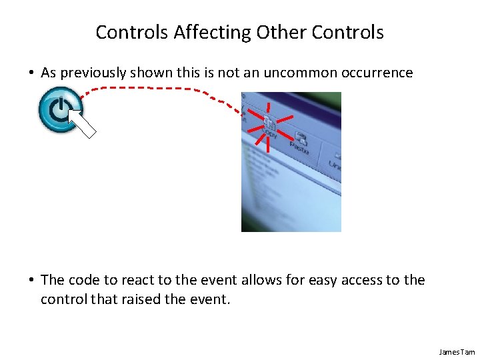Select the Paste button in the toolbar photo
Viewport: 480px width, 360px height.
(x=300, y=144)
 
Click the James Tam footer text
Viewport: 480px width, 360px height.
(x=457, y=351)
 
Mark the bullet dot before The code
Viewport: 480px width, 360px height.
(x=32, y=281)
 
